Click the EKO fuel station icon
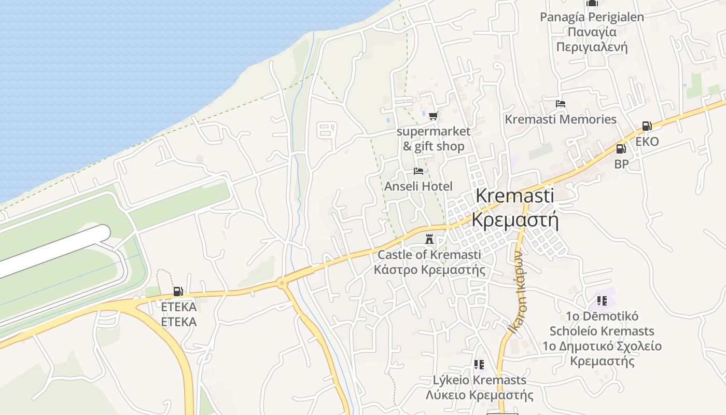[x=647, y=126]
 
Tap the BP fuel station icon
[x=621, y=149]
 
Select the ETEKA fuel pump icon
[x=178, y=292]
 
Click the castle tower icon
[x=429, y=240]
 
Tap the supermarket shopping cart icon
[x=433, y=116]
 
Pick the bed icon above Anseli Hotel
[x=418, y=171]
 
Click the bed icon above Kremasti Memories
[x=560, y=104]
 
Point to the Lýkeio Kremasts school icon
[x=479, y=365]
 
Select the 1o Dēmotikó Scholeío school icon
[x=602, y=300]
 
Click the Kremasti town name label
[x=514, y=196]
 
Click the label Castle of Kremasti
[x=429, y=255]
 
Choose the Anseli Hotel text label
[x=418, y=186]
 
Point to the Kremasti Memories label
[x=561, y=119]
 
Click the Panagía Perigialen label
[x=592, y=17]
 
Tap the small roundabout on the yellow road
[x=282, y=283]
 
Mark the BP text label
[x=621, y=164]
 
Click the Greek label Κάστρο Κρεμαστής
[x=429, y=270]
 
